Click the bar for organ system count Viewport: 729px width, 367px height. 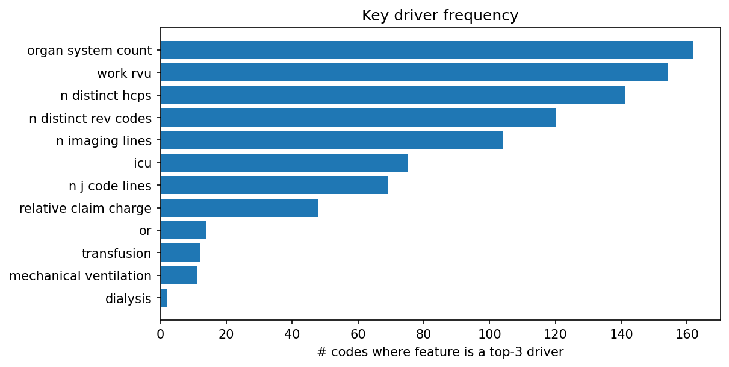pyautogui.click(x=427, y=50)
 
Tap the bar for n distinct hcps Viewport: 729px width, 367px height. pyautogui.click(x=392, y=95)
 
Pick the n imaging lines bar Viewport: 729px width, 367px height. pyautogui.click(x=332, y=140)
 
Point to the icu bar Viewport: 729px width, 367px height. pyautogui.click(x=284, y=163)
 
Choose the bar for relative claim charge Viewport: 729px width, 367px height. pyautogui.click(x=240, y=208)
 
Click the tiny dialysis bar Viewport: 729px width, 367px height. pyautogui.click(x=164, y=298)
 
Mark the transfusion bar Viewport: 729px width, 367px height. pyautogui.click(x=180, y=253)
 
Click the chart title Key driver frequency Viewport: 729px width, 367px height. pyautogui.click(x=440, y=16)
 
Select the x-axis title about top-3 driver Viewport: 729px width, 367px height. pyautogui.click(x=440, y=352)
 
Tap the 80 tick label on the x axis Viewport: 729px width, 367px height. pyautogui.click(x=424, y=333)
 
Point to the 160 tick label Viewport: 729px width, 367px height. pyautogui.click(x=687, y=333)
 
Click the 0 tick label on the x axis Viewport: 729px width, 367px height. pyautogui.click(x=161, y=333)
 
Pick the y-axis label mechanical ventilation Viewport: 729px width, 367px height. pyautogui.click(x=81, y=276)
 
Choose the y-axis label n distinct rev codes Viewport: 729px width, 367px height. pyautogui.click(x=90, y=118)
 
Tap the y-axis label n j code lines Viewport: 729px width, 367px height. pyautogui.click(x=110, y=186)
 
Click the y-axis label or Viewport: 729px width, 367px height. pyautogui.click(x=145, y=231)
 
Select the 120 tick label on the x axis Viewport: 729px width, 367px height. pyautogui.click(x=555, y=333)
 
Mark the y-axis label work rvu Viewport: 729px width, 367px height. pyautogui.click(x=124, y=73)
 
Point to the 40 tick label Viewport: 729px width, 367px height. pyautogui.click(x=292, y=333)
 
